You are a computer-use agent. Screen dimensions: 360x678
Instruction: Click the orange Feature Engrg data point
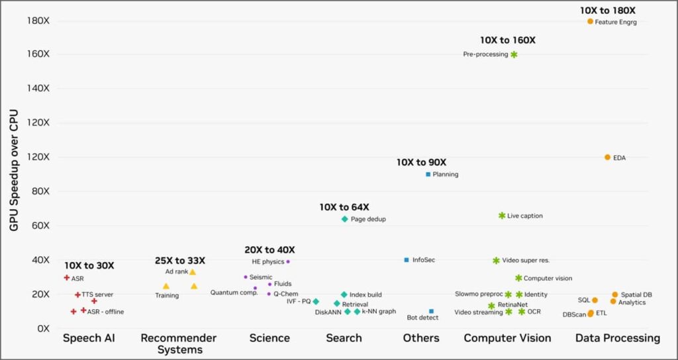point(590,21)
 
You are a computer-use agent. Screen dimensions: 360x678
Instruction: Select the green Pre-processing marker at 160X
point(514,54)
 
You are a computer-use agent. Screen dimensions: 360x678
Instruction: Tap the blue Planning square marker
point(428,174)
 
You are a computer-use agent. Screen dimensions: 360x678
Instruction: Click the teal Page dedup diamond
point(344,219)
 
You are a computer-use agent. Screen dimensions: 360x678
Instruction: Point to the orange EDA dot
point(607,157)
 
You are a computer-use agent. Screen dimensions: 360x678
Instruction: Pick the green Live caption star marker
point(502,216)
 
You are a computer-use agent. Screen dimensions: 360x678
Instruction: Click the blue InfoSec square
point(407,260)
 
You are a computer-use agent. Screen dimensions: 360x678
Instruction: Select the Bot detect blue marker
point(431,311)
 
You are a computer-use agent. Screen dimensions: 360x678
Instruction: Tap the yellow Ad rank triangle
point(193,272)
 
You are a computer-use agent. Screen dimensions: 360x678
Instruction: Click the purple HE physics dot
point(288,261)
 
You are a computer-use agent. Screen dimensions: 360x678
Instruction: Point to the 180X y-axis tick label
point(38,21)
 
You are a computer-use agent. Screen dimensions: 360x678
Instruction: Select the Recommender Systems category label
point(179,343)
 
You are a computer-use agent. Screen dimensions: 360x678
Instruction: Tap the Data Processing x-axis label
point(617,338)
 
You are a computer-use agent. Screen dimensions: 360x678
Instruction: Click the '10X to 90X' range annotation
point(421,162)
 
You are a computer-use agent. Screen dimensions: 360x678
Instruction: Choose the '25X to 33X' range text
point(179,261)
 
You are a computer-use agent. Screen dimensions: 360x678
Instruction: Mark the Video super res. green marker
point(496,261)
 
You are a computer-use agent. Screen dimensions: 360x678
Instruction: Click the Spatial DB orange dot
point(615,294)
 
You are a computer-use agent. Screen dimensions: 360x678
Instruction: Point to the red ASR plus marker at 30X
point(67,278)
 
